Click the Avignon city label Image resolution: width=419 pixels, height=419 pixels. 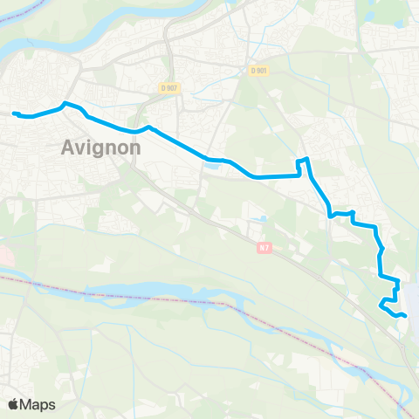point(102,148)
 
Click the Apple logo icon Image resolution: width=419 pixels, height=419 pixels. point(14,404)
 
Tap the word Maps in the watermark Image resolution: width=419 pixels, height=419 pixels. point(39,404)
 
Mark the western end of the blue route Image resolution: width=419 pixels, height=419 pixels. point(13,113)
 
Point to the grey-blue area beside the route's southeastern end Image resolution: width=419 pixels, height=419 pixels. point(412,301)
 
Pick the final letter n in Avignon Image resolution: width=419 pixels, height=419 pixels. point(134,148)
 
